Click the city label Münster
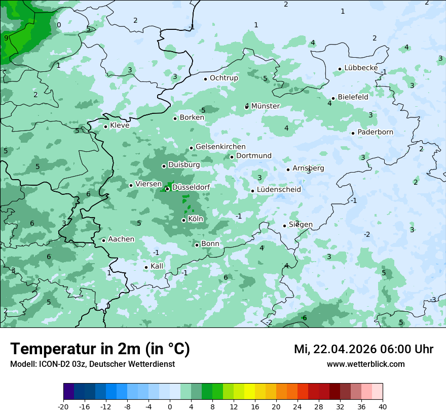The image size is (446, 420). tap(265, 106)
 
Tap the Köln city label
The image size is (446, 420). tap(196, 220)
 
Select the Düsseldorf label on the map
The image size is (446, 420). tap(191, 187)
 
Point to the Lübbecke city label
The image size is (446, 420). tap(361, 68)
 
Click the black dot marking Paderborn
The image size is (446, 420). tap(353, 133)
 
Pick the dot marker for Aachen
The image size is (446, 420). tap(103, 240)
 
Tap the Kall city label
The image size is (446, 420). tap(157, 266)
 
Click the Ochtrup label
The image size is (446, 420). tap(224, 78)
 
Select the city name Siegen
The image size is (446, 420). tap(301, 225)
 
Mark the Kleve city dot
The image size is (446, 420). tap(105, 127)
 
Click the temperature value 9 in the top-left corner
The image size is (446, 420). tap(6, 38)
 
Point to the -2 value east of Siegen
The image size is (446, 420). tap(366, 234)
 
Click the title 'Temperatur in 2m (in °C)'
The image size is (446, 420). tap(100, 349)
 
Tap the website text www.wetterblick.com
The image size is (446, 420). tap(365, 364)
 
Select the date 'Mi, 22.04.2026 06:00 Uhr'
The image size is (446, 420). tap(363, 349)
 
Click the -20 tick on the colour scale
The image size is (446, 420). tap(63, 406)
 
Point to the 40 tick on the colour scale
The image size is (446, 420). tap(382, 406)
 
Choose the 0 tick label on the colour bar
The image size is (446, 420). tap(170, 406)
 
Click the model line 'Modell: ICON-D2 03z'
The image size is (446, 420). tap(92, 364)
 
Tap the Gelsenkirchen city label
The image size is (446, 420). tap(220, 147)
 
